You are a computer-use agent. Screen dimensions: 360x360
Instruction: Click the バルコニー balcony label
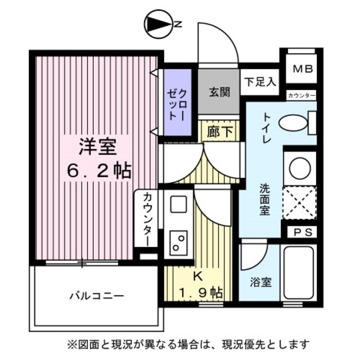pyautogui.click(x=97, y=295)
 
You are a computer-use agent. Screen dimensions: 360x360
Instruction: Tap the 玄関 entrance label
pyautogui.click(x=220, y=92)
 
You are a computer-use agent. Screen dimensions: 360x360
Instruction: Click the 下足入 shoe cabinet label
pyautogui.click(x=260, y=81)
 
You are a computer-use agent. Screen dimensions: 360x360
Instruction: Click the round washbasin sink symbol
pyautogui.click(x=300, y=167)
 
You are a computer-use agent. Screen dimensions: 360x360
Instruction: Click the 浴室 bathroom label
pyautogui.click(x=261, y=282)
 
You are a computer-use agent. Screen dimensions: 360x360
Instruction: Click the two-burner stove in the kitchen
pyautogui.click(x=179, y=242)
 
